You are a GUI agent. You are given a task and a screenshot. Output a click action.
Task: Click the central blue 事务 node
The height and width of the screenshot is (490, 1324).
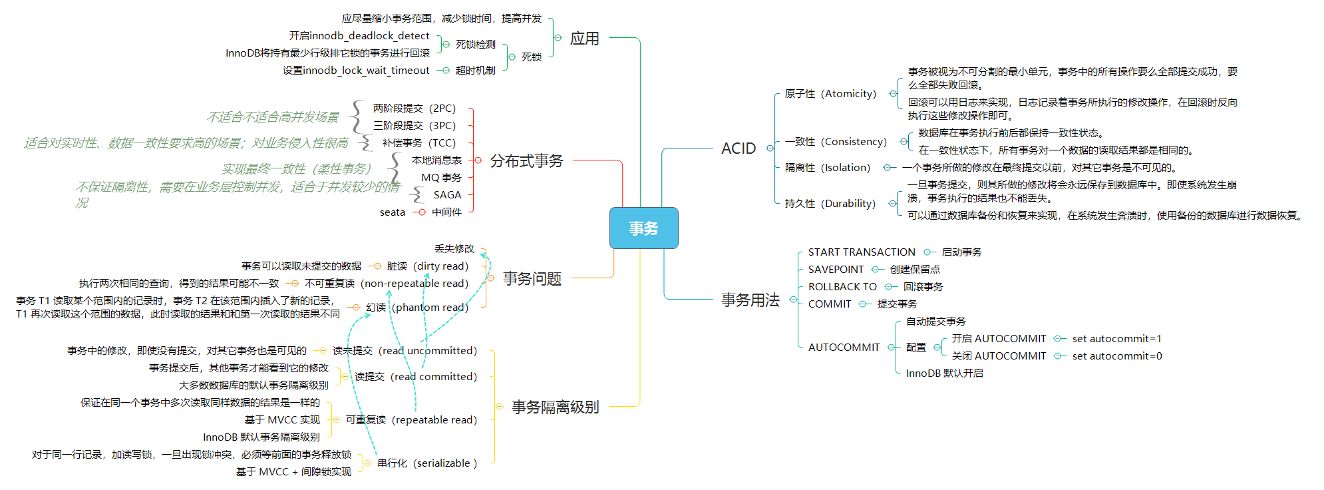(643, 228)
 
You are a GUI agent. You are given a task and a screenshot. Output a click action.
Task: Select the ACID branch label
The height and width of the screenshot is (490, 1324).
(739, 148)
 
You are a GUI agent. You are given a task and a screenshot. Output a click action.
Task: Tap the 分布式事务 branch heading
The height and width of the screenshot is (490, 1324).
(526, 161)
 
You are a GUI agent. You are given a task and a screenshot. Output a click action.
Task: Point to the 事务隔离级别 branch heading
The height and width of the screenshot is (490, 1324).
(555, 407)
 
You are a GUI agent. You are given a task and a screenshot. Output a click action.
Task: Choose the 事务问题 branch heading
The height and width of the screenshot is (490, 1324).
(532, 278)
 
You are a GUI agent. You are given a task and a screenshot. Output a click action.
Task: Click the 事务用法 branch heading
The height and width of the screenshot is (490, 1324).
(750, 300)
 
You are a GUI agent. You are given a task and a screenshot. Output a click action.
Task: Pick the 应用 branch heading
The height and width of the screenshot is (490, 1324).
(584, 39)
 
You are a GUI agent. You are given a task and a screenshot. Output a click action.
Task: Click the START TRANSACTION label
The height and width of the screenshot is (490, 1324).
(862, 252)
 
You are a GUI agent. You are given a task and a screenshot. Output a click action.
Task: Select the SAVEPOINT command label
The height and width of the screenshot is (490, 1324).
(836, 270)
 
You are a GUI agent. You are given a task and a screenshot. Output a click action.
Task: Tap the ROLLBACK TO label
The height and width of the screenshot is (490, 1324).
(842, 287)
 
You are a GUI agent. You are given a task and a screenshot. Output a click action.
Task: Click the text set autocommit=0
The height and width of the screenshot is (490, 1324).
(1116, 356)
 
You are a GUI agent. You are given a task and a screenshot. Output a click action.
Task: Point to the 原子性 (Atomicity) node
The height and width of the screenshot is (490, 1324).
(830, 94)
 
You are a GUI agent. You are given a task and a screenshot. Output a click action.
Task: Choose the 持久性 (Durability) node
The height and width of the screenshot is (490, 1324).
(830, 204)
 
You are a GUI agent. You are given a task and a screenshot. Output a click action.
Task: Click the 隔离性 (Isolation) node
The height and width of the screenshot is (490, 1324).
(827, 168)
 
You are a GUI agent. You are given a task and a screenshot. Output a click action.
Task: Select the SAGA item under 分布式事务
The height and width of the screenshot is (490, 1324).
(447, 195)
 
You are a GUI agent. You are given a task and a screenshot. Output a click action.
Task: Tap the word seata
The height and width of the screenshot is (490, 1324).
(392, 212)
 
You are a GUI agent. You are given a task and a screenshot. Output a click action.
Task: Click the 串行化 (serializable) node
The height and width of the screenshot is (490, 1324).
(426, 463)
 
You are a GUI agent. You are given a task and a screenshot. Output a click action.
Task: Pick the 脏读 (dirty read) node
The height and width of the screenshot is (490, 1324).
(427, 266)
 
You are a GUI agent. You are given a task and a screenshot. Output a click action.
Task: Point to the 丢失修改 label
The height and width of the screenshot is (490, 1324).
(454, 248)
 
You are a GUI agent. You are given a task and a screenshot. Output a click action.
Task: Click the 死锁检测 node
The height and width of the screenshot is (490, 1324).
(475, 45)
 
